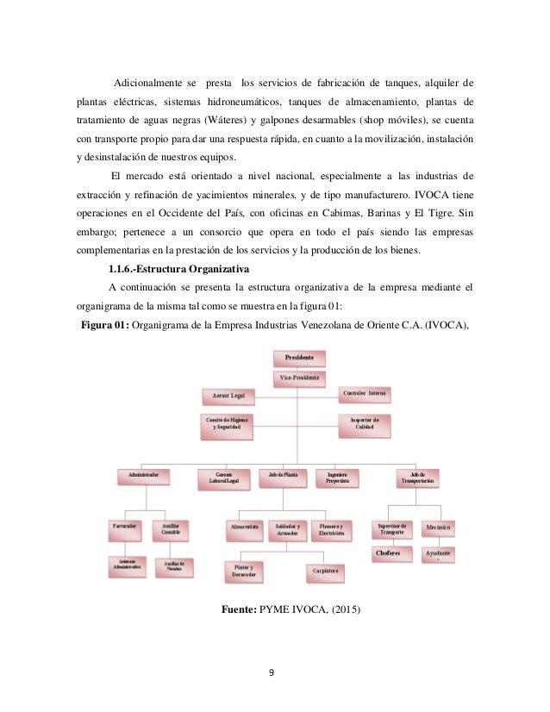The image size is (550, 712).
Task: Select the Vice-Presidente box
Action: (x=299, y=377)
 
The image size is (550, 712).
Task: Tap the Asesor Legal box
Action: (x=229, y=395)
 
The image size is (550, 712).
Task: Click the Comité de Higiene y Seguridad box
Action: (x=228, y=423)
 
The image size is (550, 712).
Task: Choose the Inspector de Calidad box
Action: (x=365, y=423)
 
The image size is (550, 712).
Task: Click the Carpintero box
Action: (x=324, y=571)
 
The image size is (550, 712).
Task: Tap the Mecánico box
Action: (x=440, y=527)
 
